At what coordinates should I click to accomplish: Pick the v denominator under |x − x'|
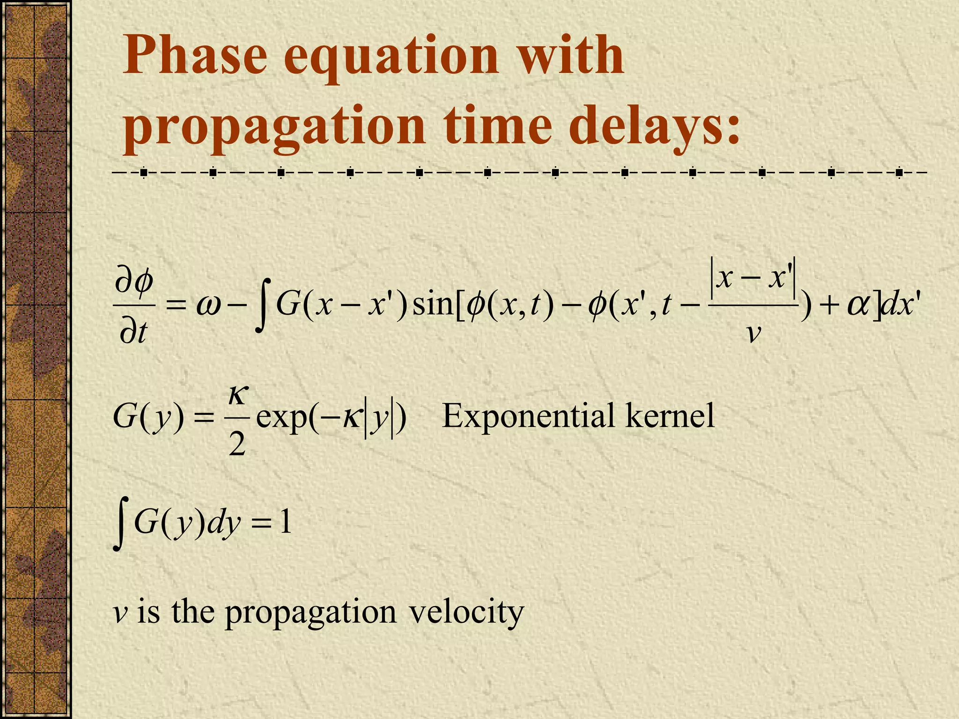[x=753, y=333]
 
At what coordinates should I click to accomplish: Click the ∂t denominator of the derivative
[x=134, y=332]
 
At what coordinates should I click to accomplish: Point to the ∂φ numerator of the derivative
[x=134, y=282]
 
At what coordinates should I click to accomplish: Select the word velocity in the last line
[x=466, y=611]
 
